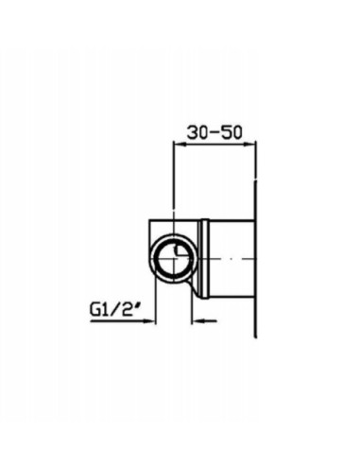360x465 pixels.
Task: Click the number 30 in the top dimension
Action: coord(197,132)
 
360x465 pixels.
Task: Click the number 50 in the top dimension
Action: coord(232,132)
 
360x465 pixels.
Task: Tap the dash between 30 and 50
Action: coord(214,133)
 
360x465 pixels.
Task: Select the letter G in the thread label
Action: coord(94,310)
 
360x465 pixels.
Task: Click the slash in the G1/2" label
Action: coord(116,310)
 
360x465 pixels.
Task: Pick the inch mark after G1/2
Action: coord(137,306)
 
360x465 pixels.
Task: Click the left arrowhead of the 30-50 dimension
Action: coord(180,145)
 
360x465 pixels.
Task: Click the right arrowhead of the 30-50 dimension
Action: coord(249,145)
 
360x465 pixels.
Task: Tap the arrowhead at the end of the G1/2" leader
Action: coord(149,321)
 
